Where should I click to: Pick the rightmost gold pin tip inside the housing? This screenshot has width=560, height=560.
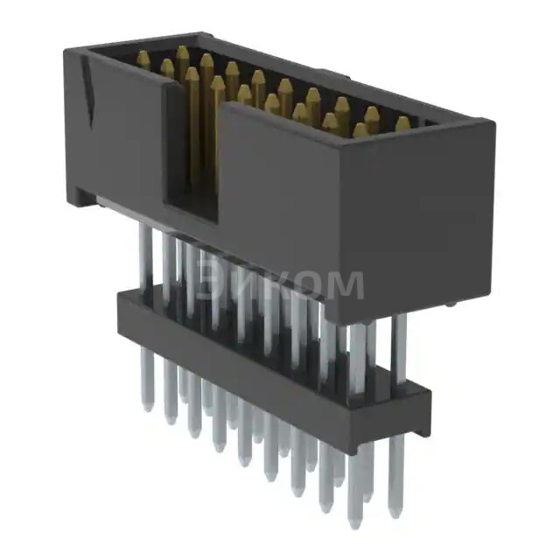coord(402,123)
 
